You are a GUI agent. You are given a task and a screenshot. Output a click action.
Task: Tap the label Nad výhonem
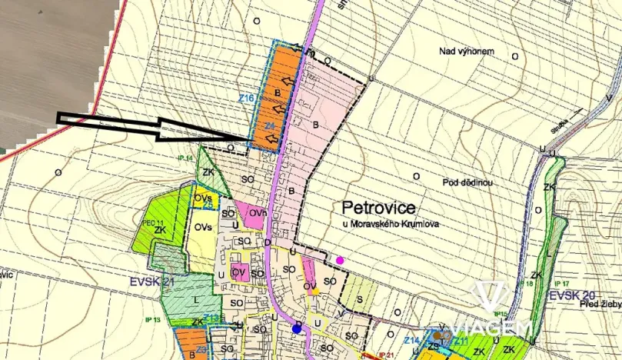click(466, 52)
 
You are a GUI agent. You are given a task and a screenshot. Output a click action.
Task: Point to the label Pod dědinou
click(467, 183)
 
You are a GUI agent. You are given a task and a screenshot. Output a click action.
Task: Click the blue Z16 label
click(246, 98)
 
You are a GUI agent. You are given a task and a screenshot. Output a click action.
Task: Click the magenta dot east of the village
click(341, 260)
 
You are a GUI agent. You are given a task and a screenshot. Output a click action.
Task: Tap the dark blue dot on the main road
click(297, 329)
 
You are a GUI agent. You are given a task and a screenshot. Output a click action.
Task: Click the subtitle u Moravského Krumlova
click(390, 224)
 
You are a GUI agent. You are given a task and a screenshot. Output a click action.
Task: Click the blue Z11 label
click(460, 340)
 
